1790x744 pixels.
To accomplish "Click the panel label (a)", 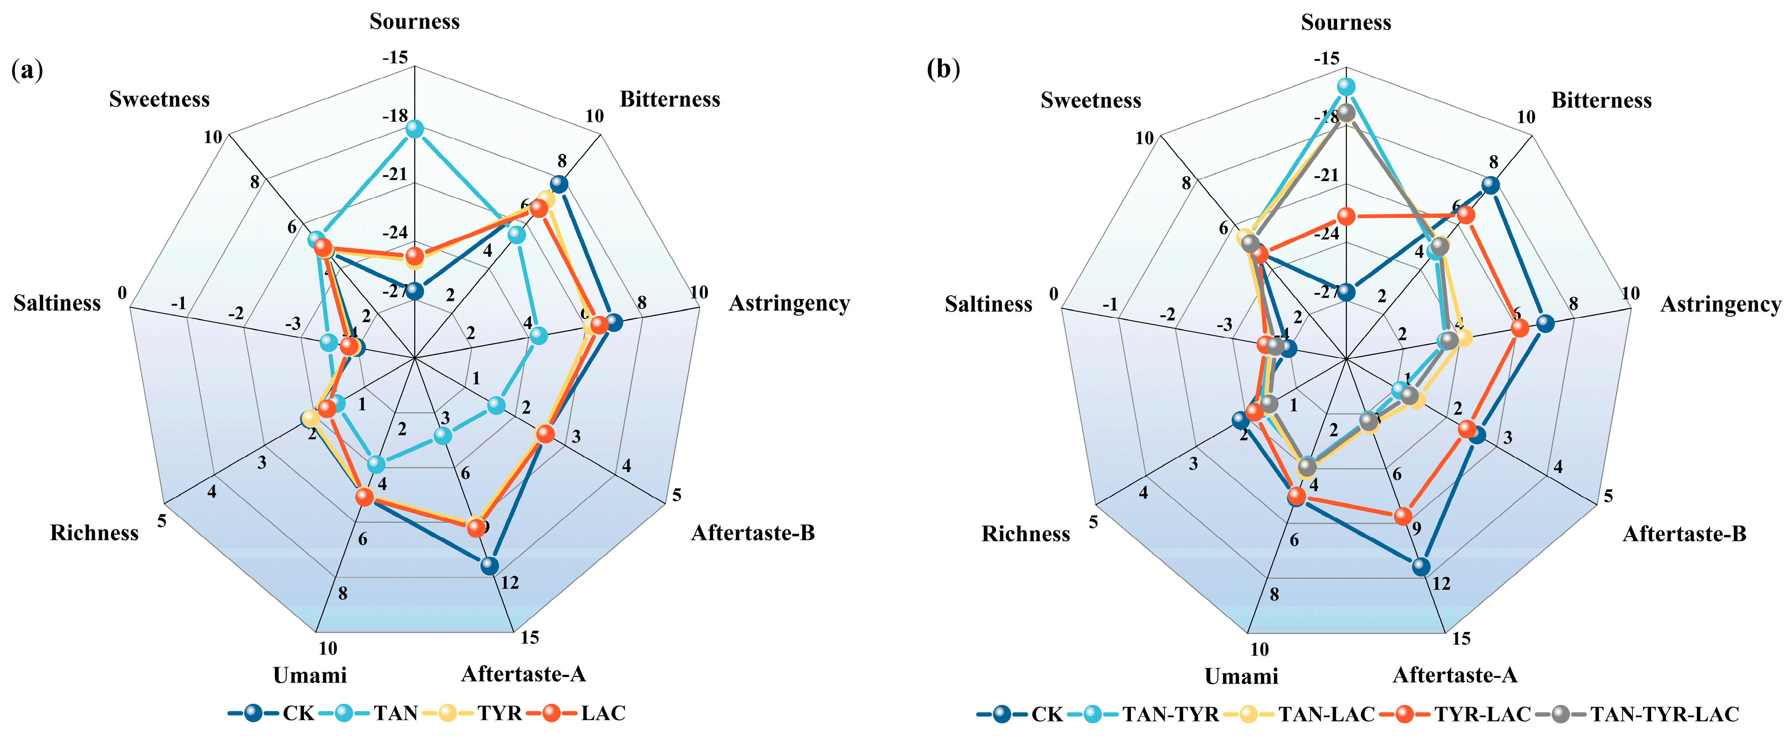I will [x=27, y=70].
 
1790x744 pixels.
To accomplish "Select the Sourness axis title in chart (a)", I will [x=414, y=22].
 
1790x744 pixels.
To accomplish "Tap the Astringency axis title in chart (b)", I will [x=1720, y=304].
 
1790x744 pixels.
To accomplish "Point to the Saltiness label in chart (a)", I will [x=57, y=303].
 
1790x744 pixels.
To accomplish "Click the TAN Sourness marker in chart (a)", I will [x=415, y=128].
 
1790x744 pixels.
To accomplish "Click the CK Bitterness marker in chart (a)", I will [x=559, y=185].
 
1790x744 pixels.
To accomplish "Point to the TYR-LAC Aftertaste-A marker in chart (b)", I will [x=1403, y=516].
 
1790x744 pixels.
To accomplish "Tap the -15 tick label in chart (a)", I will [x=395, y=57].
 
